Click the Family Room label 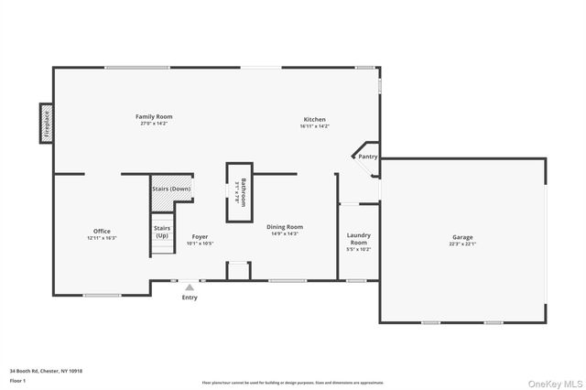point(154,116)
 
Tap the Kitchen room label point(314,120)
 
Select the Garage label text point(462,237)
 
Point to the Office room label point(102,231)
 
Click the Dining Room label point(285,227)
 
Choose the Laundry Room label point(359,238)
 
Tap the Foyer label point(200,237)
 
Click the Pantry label point(368,157)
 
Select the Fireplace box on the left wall point(43,123)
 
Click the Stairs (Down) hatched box point(171,189)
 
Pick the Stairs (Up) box point(162,232)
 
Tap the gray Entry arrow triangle point(190,287)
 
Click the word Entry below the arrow point(190,298)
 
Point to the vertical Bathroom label point(242,191)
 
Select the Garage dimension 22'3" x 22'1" point(462,244)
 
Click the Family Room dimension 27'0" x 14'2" point(154,124)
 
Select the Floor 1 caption point(17,379)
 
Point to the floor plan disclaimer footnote point(293,383)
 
